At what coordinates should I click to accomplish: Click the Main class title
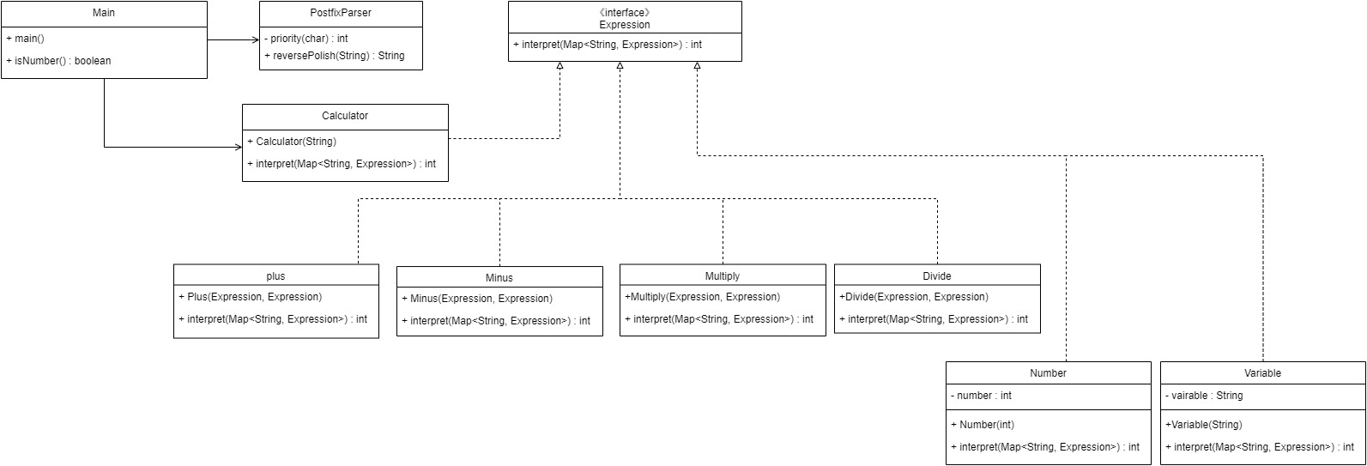[x=104, y=14]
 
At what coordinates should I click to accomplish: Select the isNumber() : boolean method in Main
[x=58, y=61]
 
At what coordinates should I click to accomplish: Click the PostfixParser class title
[x=341, y=13]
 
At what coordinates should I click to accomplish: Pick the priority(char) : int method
[x=305, y=39]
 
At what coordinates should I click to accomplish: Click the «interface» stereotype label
[x=624, y=13]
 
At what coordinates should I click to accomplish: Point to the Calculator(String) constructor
[x=292, y=142]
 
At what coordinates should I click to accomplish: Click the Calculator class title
[x=345, y=116]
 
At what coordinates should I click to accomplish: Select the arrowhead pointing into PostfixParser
[x=255, y=39]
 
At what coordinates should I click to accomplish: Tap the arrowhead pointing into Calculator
[x=238, y=147]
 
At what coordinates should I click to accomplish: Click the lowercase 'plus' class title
[x=275, y=276]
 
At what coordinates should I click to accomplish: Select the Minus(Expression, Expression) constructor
[x=477, y=299]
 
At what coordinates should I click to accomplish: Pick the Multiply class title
[x=722, y=276]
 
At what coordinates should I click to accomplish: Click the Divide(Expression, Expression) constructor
[x=914, y=297]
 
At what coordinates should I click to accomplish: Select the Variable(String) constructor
[x=1203, y=425]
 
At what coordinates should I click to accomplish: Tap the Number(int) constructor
[x=987, y=425]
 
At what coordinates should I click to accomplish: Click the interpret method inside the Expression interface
[x=608, y=45]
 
